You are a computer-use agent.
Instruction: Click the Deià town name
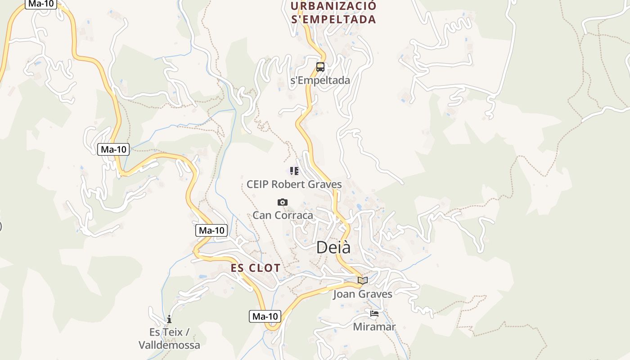[x=333, y=247]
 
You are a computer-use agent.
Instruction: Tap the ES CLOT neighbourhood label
[x=256, y=268]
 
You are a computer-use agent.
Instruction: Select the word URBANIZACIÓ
[x=333, y=6]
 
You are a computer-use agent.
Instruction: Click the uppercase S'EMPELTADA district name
[x=333, y=20]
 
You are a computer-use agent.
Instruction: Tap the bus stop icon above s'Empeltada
[x=320, y=67]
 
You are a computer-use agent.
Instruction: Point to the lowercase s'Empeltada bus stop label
[x=320, y=81]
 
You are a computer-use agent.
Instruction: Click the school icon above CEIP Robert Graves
[x=294, y=171]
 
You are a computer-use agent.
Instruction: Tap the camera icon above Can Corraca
[x=283, y=202]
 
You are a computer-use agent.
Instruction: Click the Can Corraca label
[x=283, y=216]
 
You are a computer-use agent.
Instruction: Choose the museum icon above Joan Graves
[x=363, y=280]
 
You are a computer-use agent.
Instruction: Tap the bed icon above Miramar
[x=374, y=314]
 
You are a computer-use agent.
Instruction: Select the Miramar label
[x=374, y=327]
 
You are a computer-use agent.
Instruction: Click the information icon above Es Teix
[x=169, y=319]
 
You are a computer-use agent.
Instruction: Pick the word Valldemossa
[x=169, y=346]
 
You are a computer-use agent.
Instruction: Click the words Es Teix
[x=166, y=333]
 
